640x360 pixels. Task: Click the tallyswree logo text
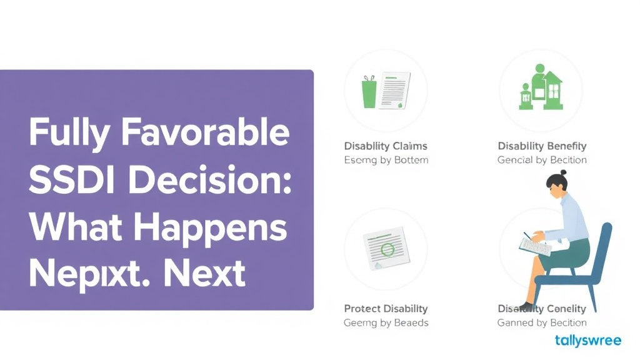pos(587,341)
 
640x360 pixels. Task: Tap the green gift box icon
pos(369,91)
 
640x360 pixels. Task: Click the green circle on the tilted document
pos(387,250)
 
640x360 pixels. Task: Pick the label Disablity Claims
pos(386,146)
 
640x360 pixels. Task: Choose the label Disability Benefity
pos(542,146)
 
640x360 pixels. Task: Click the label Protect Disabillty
pos(386,309)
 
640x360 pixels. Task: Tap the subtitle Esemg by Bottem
pos(386,160)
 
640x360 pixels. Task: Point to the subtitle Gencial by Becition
pos(542,160)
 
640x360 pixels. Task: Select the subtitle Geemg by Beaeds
pos(386,323)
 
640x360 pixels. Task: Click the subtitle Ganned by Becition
pos(542,323)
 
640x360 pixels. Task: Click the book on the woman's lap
pos(535,246)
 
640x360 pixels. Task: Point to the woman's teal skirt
pos(566,252)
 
